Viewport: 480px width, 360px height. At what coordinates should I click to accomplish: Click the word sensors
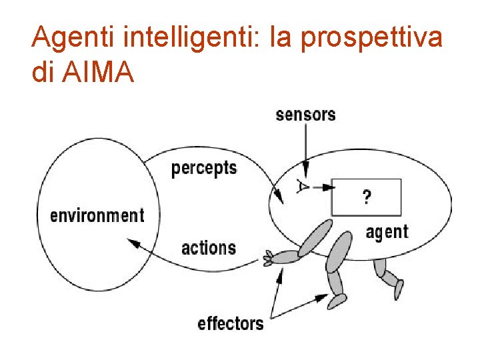pos(305,114)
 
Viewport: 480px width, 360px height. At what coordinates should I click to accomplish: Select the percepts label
pos(204,167)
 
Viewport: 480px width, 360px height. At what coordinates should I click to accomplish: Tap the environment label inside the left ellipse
pos(97,215)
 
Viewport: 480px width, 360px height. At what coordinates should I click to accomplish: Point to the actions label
pos(209,248)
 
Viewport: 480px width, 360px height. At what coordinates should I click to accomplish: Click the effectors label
pos(231,324)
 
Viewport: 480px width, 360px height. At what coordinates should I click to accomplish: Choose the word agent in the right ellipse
pos(387,232)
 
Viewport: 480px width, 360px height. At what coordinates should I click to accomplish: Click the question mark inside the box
pos(366,197)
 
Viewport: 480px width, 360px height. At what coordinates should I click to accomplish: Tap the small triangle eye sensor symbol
pos(303,186)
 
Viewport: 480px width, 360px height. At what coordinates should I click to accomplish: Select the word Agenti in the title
pos(72,38)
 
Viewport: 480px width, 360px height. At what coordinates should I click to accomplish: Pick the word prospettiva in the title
pos(371,38)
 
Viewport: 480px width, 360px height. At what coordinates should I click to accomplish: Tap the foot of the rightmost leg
pos(399,289)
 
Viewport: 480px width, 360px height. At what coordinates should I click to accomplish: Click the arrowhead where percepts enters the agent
pos(278,196)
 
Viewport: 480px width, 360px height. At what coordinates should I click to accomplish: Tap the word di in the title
pos(42,72)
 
